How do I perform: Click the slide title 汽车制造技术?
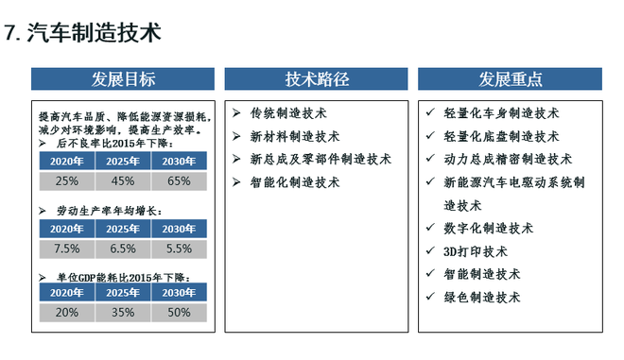(94, 33)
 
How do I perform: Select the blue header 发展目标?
(123, 79)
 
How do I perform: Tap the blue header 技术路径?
(316, 79)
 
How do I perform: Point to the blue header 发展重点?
(510, 79)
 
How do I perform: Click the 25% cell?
(66, 180)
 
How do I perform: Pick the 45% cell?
(122, 180)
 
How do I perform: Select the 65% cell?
(178, 180)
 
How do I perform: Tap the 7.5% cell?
(66, 249)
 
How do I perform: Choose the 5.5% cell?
(178, 249)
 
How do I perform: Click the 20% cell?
(66, 313)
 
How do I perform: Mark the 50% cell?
(178, 313)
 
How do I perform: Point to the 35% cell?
(122, 313)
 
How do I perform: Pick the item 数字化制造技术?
(489, 229)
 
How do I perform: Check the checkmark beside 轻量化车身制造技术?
(430, 113)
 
